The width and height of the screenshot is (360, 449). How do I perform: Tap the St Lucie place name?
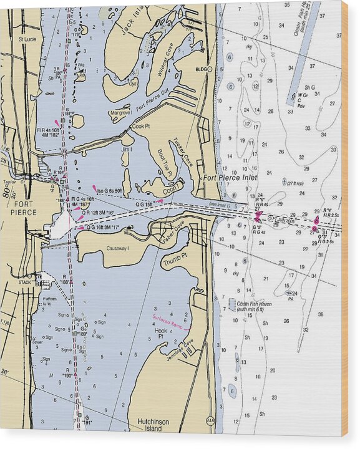point(27,39)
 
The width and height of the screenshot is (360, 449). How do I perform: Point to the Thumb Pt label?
point(174,263)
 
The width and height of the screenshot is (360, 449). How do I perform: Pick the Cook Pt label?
point(141,126)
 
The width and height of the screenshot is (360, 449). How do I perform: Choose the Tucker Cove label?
point(183,150)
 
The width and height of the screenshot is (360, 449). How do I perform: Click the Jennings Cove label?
point(180,349)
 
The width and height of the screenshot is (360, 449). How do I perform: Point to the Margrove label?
point(120,113)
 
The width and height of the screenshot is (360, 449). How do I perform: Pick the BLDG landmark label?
point(200,69)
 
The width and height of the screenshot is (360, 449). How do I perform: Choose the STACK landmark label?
point(25,282)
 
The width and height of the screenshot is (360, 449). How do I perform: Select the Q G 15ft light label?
point(144,204)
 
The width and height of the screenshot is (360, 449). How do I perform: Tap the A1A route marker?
point(210,420)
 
